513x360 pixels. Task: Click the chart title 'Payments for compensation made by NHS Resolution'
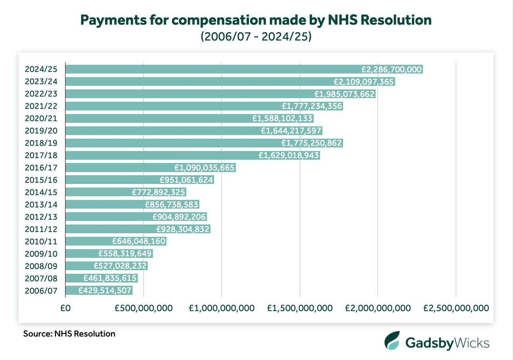pos(256,20)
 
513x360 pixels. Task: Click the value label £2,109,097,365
pos(364,82)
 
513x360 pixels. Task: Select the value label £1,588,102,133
pos(283,118)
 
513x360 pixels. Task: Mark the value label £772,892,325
pos(159,192)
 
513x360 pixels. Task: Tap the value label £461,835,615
pos(110,278)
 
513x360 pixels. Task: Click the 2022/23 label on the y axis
pos(41,94)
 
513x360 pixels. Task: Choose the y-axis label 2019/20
pos(41,131)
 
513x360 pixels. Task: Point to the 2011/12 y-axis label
pos(41,229)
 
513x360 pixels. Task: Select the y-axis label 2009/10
pos(41,254)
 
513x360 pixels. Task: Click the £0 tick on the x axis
pos(65,308)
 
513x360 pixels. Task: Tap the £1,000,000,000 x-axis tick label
pos(222,308)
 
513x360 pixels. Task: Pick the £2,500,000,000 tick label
pos(456,308)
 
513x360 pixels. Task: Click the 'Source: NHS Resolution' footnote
pos(69,334)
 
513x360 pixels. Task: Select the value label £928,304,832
pos(183,229)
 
